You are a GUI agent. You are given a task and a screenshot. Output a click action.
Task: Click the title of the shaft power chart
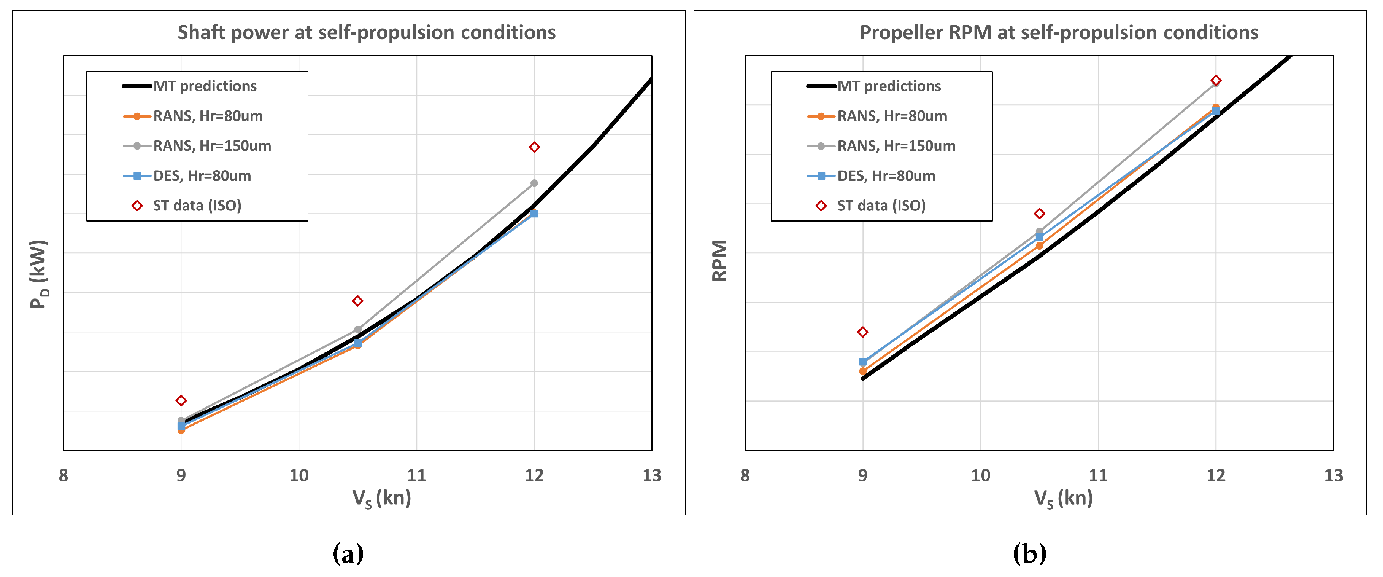click(x=366, y=33)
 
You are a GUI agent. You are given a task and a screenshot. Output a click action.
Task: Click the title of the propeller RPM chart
click(x=1058, y=33)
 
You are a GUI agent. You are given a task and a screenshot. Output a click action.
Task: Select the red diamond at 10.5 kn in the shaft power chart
click(x=357, y=301)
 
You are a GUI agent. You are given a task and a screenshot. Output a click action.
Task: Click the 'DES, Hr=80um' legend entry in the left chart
click(x=202, y=176)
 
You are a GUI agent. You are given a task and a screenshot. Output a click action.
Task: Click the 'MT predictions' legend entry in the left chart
click(x=205, y=86)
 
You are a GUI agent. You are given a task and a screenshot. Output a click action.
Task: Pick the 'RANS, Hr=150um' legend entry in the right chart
click(x=896, y=146)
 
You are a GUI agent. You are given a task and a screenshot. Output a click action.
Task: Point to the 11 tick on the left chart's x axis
click(x=417, y=475)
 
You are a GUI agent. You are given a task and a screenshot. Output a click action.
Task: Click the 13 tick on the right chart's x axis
click(x=1333, y=475)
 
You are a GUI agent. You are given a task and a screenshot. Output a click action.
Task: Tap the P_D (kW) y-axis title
click(x=39, y=274)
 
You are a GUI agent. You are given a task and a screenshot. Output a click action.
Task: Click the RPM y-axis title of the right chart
click(x=719, y=261)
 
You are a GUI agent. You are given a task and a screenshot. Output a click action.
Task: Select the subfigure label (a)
click(x=348, y=553)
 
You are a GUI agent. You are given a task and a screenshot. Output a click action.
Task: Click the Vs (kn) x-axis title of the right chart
click(x=1063, y=499)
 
